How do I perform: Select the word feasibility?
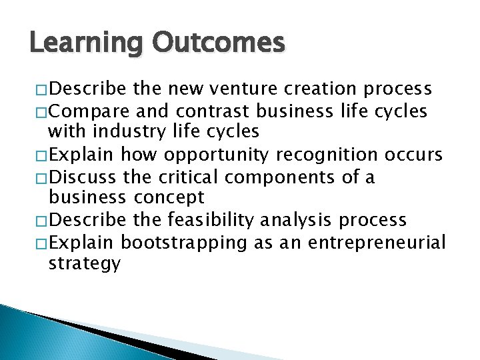[x=208, y=220]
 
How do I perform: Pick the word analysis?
[x=297, y=220]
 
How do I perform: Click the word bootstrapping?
[x=185, y=242]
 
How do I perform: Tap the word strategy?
[x=85, y=264]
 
